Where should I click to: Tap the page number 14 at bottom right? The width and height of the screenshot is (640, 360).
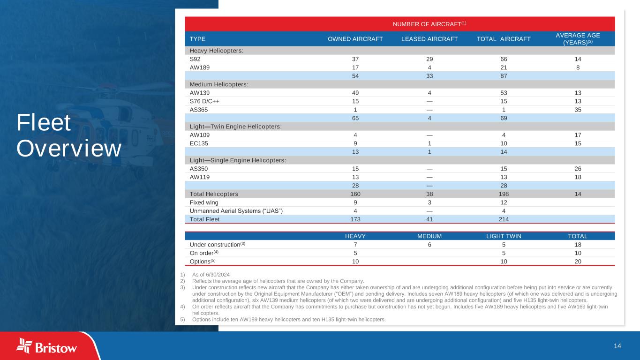(x=617, y=346)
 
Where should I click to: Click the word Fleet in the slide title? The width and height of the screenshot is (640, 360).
(x=44, y=123)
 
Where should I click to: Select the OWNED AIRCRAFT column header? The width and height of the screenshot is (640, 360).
(x=355, y=39)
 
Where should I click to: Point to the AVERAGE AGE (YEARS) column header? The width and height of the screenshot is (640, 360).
(x=578, y=39)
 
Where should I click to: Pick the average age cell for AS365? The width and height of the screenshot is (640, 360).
(x=578, y=110)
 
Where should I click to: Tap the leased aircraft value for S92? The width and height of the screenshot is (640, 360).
(x=429, y=59)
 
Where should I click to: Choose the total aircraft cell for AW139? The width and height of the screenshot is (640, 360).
(x=504, y=93)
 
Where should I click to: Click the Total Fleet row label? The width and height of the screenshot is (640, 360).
(x=204, y=219)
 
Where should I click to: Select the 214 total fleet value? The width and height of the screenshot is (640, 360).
(x=504, y=219)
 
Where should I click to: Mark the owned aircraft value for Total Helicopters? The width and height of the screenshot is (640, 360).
(x=355, y=194)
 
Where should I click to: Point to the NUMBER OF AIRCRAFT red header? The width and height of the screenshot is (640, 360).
(x=399, y=24)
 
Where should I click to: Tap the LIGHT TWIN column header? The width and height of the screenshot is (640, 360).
(x=504, y=236)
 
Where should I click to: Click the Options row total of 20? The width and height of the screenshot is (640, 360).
(x=578, y=262)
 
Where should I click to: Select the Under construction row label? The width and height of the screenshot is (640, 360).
(x=217, y=245)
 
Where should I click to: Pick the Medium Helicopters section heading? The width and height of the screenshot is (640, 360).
(x=219, y=84)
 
